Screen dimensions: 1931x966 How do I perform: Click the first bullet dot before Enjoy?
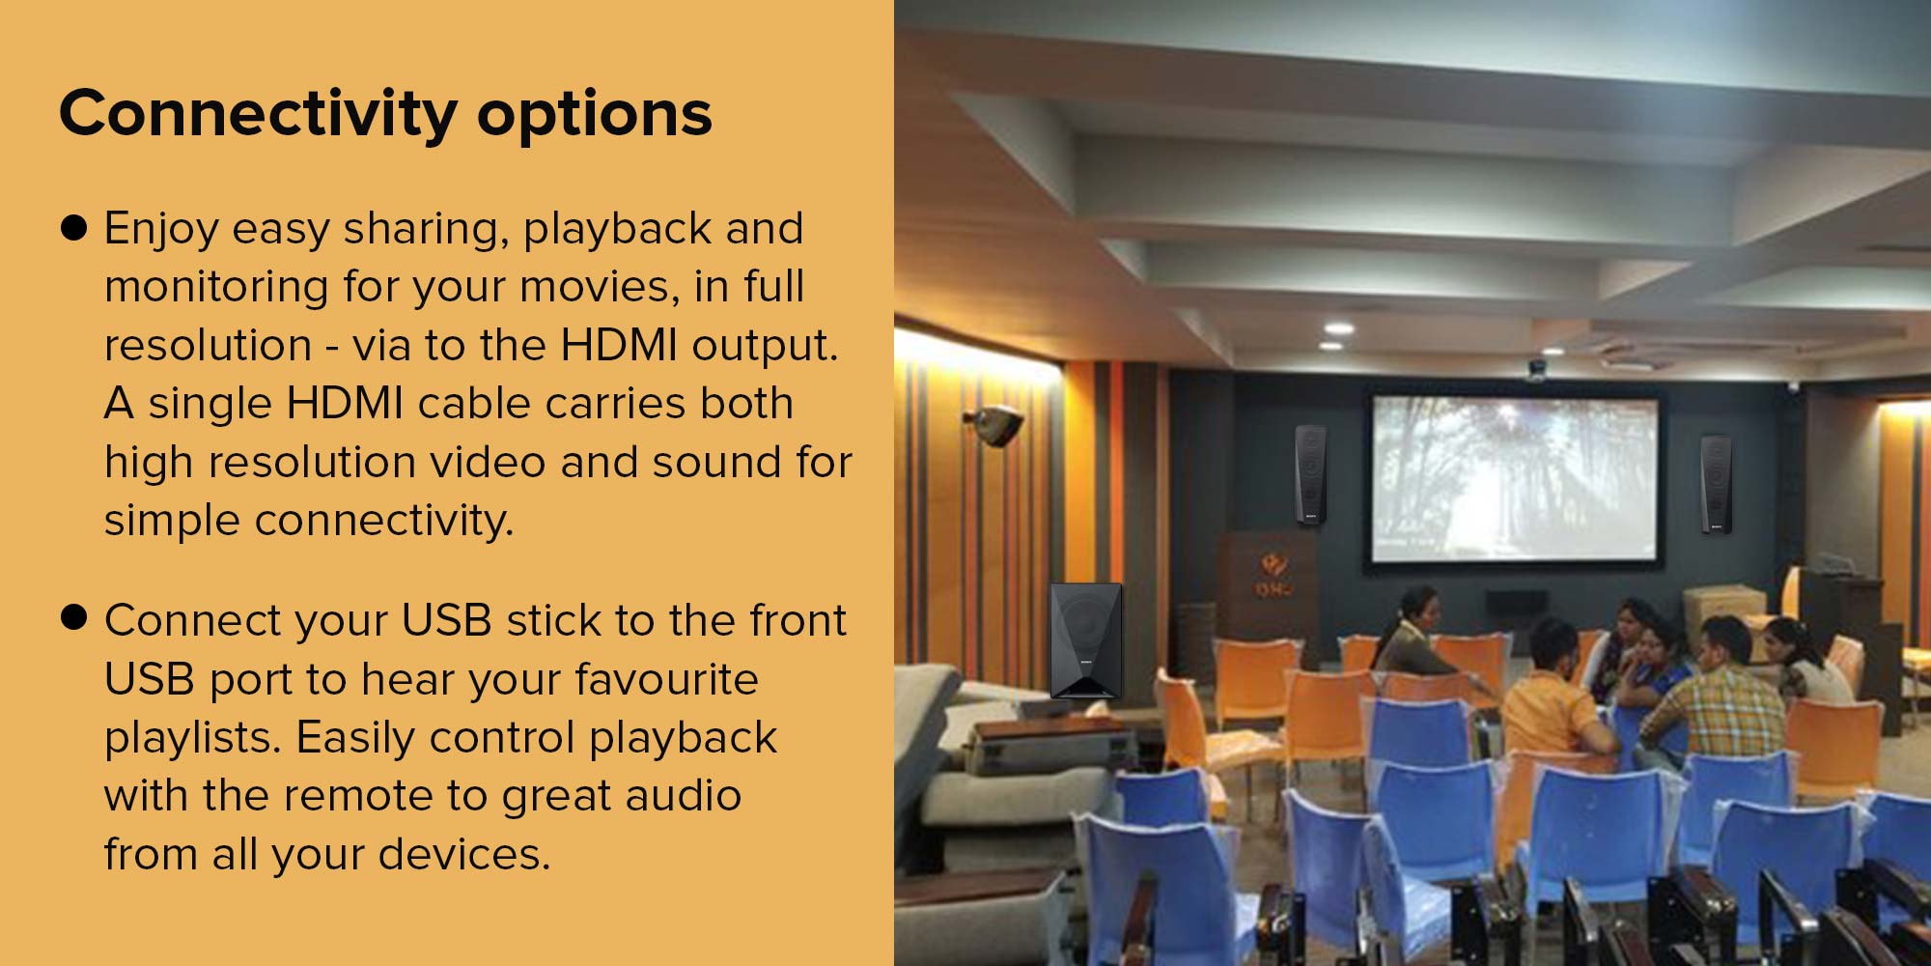click(74, 228)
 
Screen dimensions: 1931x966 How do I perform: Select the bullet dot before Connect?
click(74, 617)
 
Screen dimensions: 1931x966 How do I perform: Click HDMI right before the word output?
click(619, 344)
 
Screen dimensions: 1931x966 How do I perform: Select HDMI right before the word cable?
click(345, 403)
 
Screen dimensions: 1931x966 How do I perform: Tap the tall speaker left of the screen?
click(1310, 474)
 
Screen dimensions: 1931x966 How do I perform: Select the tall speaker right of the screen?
click(1716, 483)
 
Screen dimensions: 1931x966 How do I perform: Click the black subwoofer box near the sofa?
click(1086, 639)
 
